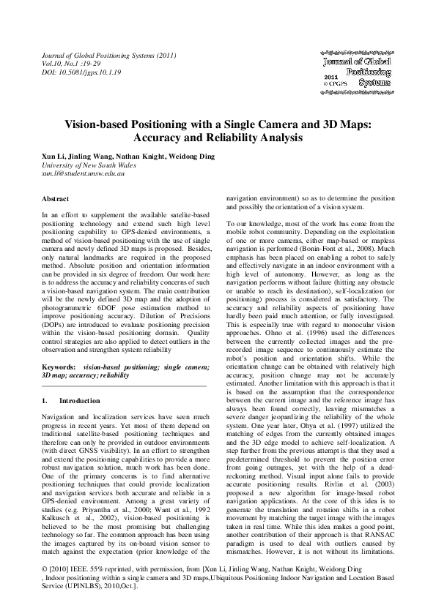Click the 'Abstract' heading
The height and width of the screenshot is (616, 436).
(x=56, y=199)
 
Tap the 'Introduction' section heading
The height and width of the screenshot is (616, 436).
(x=79, y=402)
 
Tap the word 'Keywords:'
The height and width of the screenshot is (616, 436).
(x=59, y=365)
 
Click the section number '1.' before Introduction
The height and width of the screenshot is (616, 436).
(x=45, y=402)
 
